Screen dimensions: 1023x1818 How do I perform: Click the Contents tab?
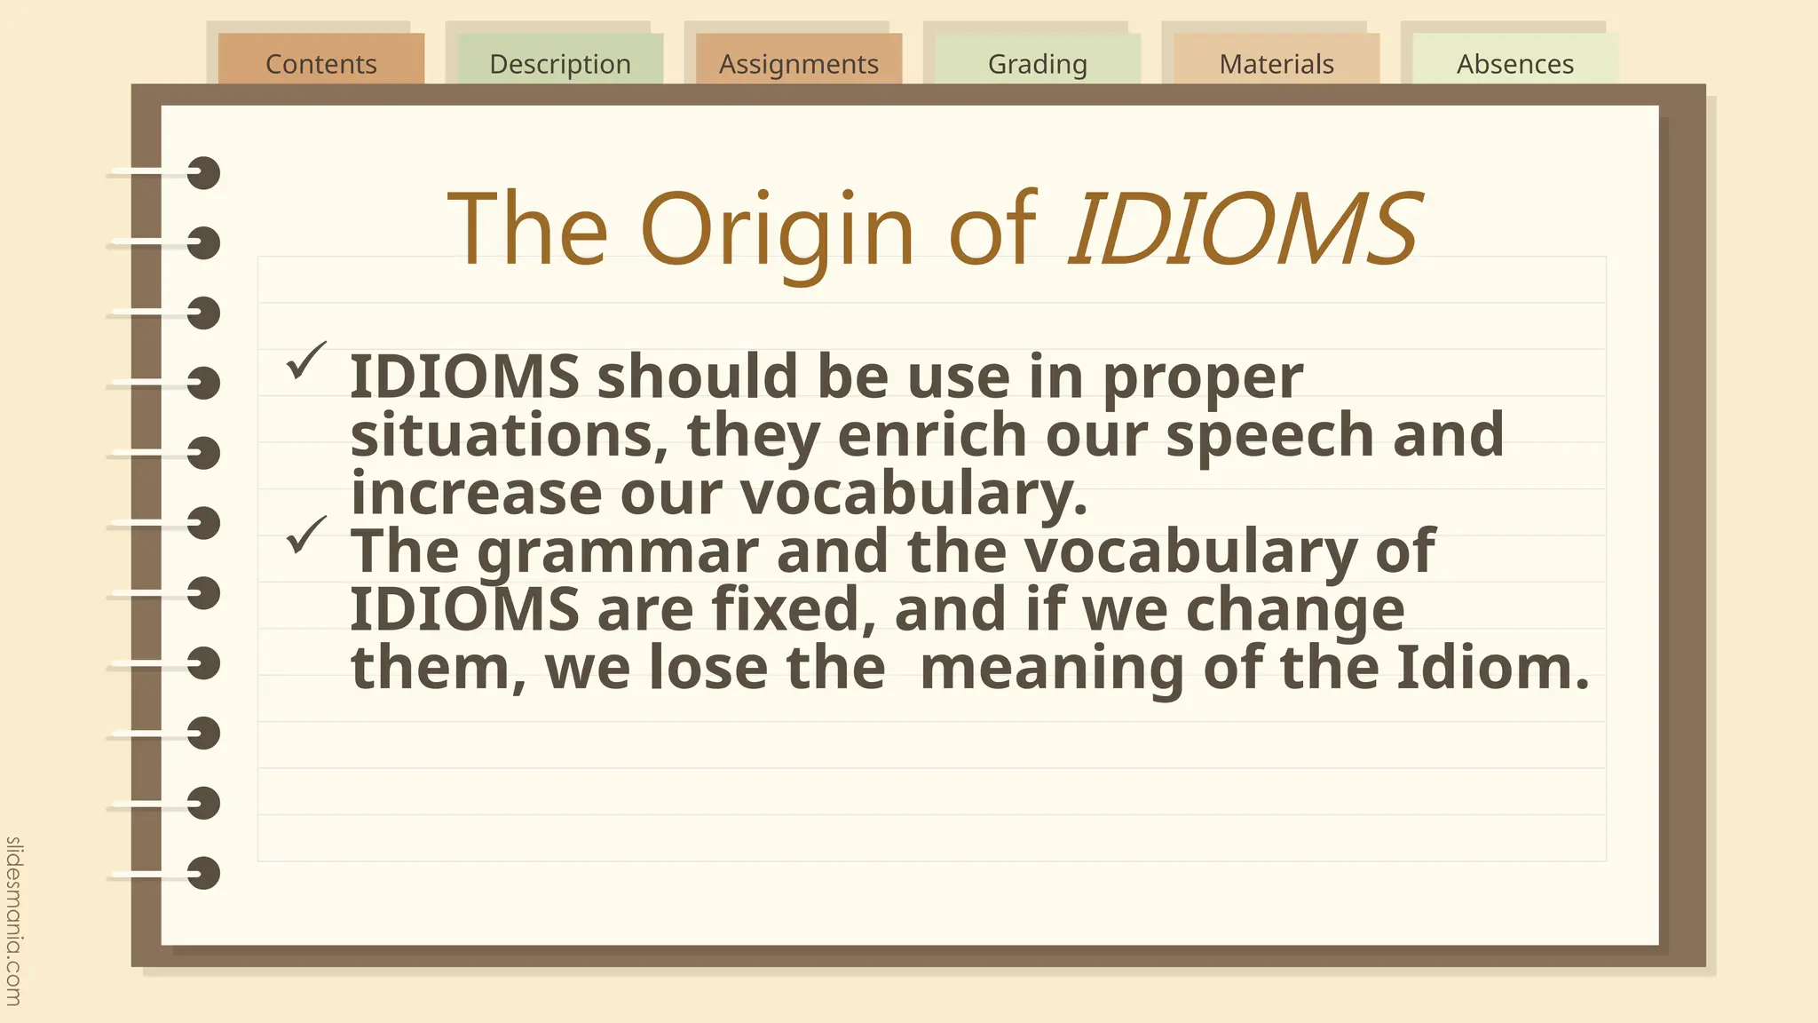coord(320,63)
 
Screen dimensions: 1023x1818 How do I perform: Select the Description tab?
coord(559,63)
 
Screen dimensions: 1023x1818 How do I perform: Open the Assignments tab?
coord(798,63)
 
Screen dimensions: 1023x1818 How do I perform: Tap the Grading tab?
coord(1037,63)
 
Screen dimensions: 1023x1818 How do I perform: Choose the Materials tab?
coord(1276,63)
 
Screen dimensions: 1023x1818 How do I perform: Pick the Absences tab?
coord(1514,63)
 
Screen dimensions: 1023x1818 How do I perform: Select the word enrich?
coord(931,435)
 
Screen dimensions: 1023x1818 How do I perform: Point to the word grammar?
coord(617,552)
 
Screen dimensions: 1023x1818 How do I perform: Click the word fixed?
coord(785,610)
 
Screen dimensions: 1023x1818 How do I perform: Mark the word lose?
coord(707,668)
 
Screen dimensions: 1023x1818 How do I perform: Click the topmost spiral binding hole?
coord(203,173)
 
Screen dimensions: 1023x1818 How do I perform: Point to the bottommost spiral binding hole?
coord(203,873)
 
